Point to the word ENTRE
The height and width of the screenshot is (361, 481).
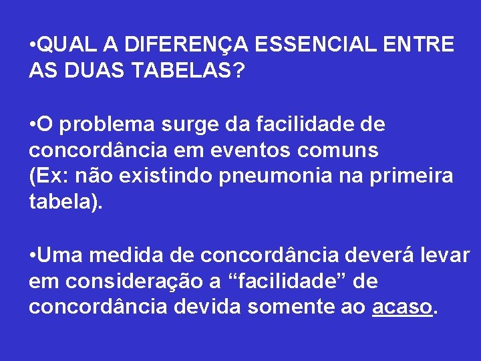420,45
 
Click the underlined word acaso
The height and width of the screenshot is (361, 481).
402,306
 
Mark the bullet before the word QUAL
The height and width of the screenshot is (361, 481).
33,45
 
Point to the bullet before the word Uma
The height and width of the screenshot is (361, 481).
33,256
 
